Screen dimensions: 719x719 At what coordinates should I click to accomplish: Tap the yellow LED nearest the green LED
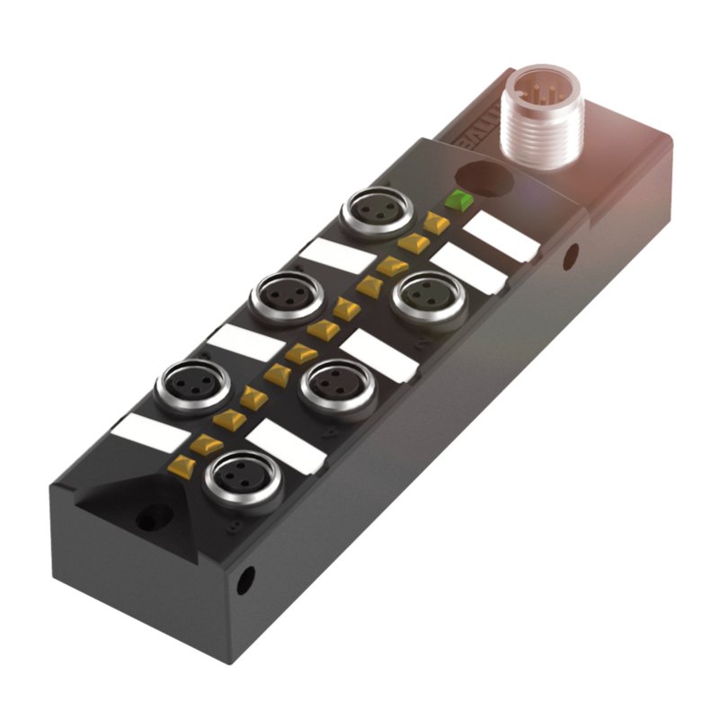pyautogui.click(x=438, y=222)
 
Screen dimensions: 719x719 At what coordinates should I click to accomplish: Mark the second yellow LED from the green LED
pyautogui.click(x=414, y=243)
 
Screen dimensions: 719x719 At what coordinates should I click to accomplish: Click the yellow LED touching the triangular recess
pyautogui.click(x=183, y=465)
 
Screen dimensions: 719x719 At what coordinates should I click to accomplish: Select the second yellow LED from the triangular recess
pyautogui.click(x=208, y=442)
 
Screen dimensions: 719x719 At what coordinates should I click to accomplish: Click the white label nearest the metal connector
pyautogui.click(x=503, y=236)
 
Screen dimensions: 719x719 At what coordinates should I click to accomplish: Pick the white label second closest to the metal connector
pyautogui.click(x=470, y=269)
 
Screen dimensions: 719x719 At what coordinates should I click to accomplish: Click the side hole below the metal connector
pyautogui.click(x=570, y=259)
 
